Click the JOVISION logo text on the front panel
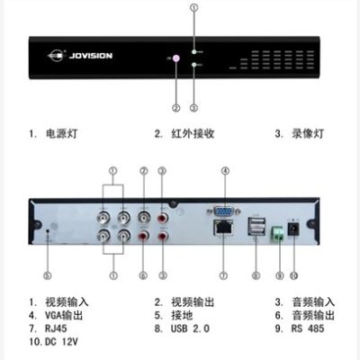pos(91,56)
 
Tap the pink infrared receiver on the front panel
pos(175,58)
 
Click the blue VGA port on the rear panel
pos(223,211)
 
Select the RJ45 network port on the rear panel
pos(223,228)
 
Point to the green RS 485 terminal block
pos(278,233)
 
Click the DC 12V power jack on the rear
pos(293,229)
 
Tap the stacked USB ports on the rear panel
pos(256,226)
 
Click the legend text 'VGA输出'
pos(64,315)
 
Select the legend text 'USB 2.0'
pos(190,328)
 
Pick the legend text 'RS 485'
pos(308,328)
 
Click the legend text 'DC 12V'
pos(61,342)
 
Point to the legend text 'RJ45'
pos(56,328)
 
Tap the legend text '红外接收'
pos(193,133)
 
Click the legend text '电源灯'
pos(61,133)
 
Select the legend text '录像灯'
pos(308,133)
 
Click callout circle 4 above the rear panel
pos(225,171)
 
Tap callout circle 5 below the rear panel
pos(48,275)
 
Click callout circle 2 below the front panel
pos(176,108)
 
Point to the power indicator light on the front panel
pos(193,52)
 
